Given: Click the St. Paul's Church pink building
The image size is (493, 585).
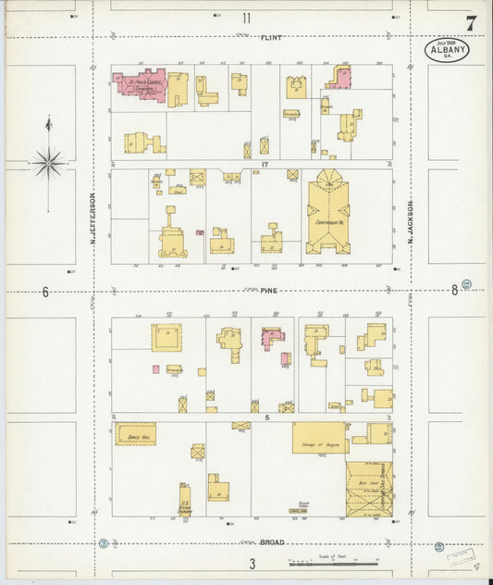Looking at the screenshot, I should coord(139,86).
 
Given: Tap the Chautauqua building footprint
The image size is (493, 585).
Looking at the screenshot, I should coord(328,217).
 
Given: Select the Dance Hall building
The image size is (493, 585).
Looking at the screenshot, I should coord(135,434).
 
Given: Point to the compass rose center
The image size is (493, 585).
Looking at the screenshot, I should coord(49,163).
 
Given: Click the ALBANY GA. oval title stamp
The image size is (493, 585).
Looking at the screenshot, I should coord(447,50).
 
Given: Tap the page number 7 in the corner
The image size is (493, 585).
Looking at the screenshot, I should coord(471,24).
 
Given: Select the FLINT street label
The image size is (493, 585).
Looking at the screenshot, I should coord(271,38).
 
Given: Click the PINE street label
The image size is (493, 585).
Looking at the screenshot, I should coord(268,291).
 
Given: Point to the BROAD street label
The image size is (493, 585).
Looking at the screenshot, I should coord(271,542).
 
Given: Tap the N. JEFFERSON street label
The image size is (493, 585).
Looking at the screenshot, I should coord(93,219).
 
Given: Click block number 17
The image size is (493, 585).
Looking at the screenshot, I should coord(264,165).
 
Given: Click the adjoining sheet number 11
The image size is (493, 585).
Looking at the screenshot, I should coord(247,18).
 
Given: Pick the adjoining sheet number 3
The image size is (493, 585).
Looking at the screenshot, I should coord(252,563).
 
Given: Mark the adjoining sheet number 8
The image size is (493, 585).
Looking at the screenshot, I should coord(454,291).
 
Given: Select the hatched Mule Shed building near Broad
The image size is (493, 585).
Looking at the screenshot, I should coord(369,488).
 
